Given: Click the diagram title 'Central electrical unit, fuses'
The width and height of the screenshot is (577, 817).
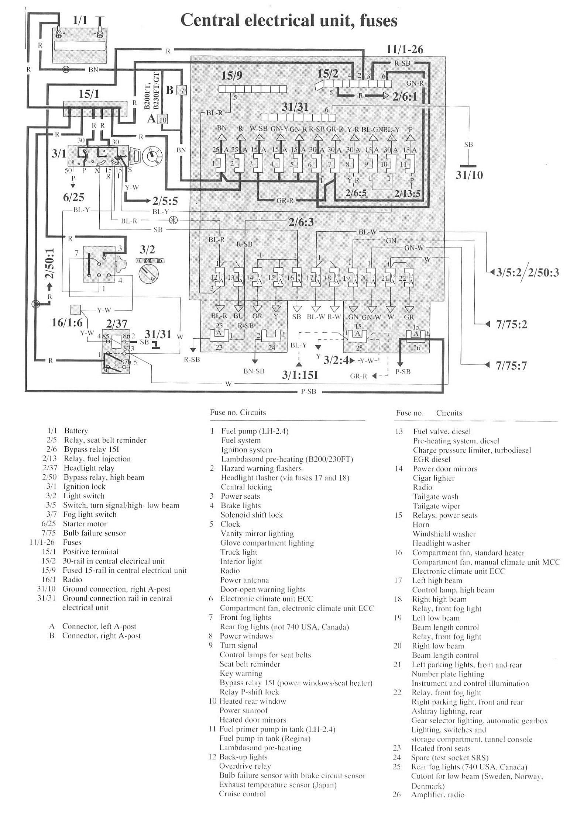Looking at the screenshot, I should point(289,20).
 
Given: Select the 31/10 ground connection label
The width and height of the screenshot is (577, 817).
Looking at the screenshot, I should point(469,175).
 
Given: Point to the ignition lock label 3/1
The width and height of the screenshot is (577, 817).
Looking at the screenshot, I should point(59,153).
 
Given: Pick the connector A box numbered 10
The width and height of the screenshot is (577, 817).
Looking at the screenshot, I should point(163,120).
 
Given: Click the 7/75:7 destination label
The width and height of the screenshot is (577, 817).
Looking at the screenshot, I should point(511,366).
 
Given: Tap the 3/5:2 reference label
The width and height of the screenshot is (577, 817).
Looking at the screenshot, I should point(508,273).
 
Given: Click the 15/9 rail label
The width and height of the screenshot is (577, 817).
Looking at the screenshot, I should point(232,76).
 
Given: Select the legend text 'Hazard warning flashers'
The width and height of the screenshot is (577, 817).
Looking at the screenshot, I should point(261,468).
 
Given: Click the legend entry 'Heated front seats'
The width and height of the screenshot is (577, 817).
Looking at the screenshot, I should point(441,748).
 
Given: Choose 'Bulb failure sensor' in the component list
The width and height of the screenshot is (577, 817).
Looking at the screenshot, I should point(94,533).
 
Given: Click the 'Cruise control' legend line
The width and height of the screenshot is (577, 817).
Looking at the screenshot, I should point(243,794).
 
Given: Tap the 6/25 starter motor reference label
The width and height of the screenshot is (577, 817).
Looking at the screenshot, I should point(74,197).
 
